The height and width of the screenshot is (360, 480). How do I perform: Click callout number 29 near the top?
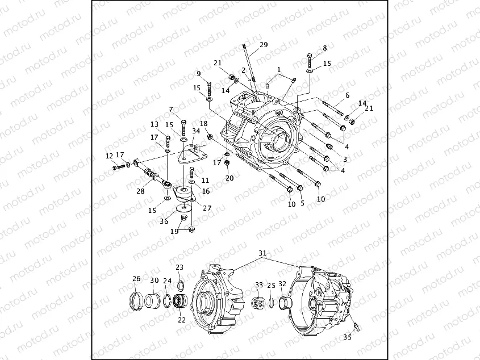tap(263, 45)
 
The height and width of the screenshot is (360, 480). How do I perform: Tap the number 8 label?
tap(325, 48)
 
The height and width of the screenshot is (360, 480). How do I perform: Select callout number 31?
tap(262, 253)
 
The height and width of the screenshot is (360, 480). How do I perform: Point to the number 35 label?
tap(348, 337)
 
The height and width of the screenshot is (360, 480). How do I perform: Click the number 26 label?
tap(136, 279)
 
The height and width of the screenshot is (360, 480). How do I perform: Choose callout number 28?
tap(140, 191)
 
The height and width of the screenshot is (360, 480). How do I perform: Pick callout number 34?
tap(195, 131)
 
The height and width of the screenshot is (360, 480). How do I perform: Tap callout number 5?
tap(302, 202)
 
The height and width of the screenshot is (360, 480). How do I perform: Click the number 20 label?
tap(229, 178)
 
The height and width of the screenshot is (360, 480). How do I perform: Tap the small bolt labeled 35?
tap(355, 325)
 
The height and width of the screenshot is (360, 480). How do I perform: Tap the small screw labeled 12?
tap(117, 167)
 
